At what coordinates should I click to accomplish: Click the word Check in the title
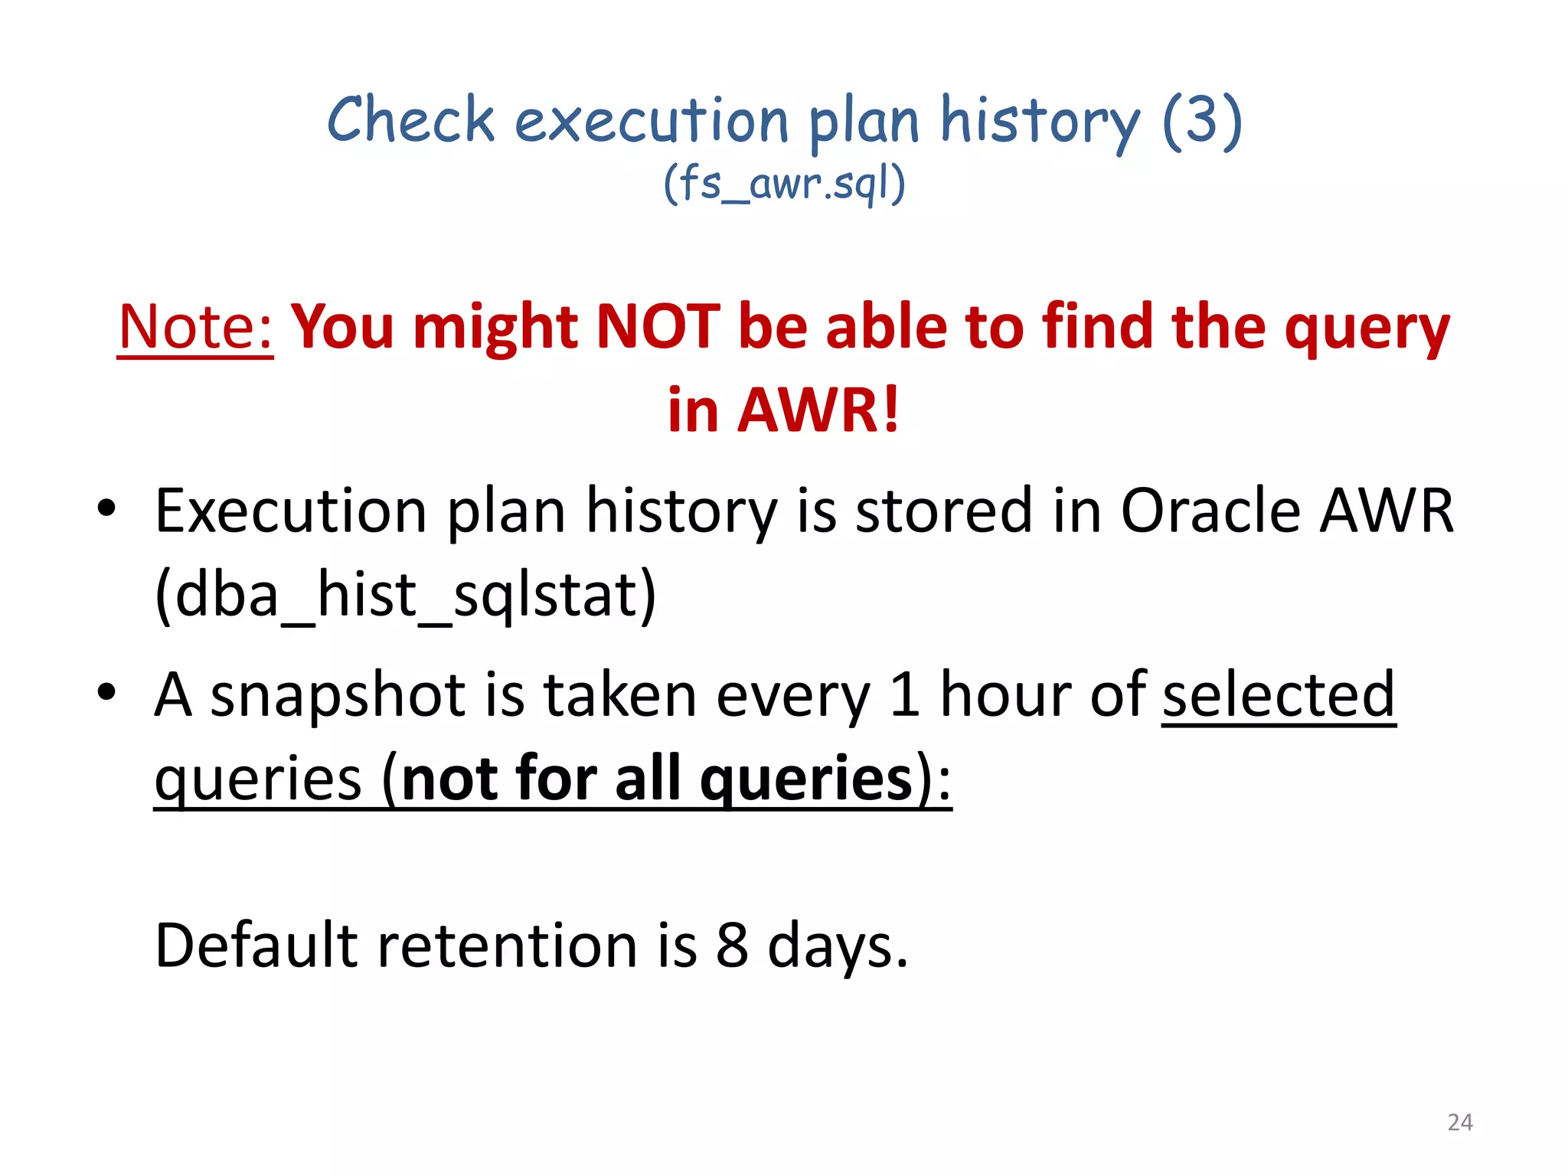point(410,120)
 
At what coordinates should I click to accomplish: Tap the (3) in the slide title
point(1201,120)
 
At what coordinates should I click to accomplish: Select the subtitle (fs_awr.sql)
point(784,185)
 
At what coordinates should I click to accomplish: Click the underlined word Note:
point(196,327)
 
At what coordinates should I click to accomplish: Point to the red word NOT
point(658,327)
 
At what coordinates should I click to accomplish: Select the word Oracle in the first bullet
point(1210,511)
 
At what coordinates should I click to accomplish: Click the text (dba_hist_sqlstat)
point(405,595)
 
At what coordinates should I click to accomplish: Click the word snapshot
point(338,695)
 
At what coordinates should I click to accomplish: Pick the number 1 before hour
point(904,694)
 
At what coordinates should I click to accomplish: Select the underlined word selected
point(1279,694)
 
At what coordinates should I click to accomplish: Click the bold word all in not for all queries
point(647,779)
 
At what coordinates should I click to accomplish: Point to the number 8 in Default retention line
point(732,945)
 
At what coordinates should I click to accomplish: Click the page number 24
point(1460,1122)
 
